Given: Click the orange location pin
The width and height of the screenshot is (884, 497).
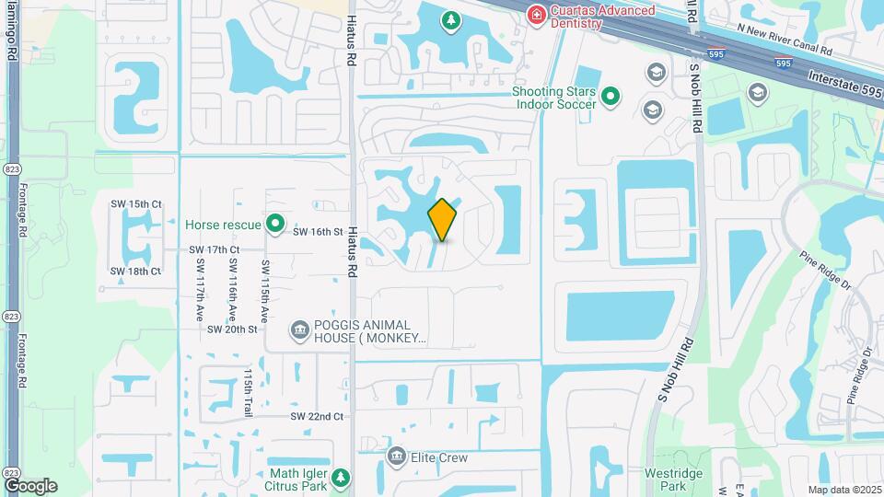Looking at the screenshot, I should (442, 219).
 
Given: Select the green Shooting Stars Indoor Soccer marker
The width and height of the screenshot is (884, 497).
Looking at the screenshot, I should (610, 95).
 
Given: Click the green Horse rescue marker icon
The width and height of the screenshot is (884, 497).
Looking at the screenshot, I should (274, 224).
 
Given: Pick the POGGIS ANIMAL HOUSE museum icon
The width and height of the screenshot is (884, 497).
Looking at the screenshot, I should (298, 329).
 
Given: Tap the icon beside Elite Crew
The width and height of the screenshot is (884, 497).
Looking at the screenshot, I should (396, 457).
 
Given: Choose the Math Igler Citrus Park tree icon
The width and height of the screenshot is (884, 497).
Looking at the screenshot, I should (342, 477).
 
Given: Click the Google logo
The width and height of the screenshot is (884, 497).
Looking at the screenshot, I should (30, 485).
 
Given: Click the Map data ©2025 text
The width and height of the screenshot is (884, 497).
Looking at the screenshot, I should (844, 490).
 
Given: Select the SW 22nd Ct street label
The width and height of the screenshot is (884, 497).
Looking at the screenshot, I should (317, 416).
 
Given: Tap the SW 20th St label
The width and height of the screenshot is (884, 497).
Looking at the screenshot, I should (232, 329).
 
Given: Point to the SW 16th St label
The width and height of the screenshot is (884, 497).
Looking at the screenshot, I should (318, 232).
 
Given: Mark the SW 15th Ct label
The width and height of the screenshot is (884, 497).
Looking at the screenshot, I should (135, 203).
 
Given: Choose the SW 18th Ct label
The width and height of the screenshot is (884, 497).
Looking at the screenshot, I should (135, 271).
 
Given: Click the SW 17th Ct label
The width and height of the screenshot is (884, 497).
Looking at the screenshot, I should (215, 249).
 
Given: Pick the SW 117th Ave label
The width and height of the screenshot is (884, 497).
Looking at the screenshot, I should (200, 288).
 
